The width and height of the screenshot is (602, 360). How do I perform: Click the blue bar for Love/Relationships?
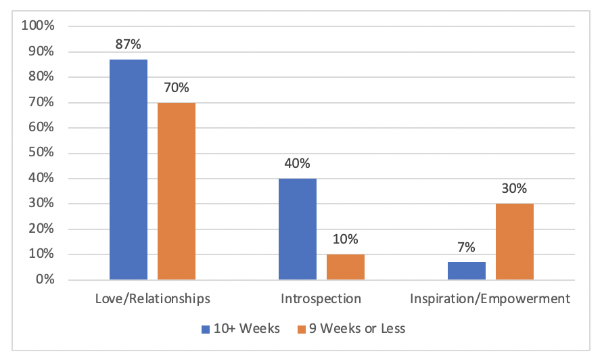pos(129,169)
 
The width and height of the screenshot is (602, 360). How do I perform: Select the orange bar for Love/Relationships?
pos(177,191)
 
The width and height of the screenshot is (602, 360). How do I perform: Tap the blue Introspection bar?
pos(298,229)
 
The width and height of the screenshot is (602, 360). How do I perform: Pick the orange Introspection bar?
pos(346,267)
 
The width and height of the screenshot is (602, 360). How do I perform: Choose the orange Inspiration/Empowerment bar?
pos(515,242)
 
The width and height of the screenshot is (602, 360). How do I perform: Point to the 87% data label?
pos(129,45)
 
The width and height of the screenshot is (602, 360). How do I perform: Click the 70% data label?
pos(177,89)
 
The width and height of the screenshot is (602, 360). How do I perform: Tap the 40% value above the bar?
pos(298,164)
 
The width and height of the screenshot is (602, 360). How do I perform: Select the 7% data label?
pos(467,248)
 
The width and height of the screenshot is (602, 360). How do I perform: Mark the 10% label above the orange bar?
pos(346,240)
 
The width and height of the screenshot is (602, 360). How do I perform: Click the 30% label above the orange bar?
pos(515,189)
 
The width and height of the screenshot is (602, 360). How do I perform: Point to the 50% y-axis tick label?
pos(40,153)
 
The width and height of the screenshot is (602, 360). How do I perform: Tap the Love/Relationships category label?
pos(152,298)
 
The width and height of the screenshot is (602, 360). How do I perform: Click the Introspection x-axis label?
pos(321,298)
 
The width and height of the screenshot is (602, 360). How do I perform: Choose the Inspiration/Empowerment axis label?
pos(490,298)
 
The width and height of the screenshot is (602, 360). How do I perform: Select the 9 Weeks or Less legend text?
pos(359,330)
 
